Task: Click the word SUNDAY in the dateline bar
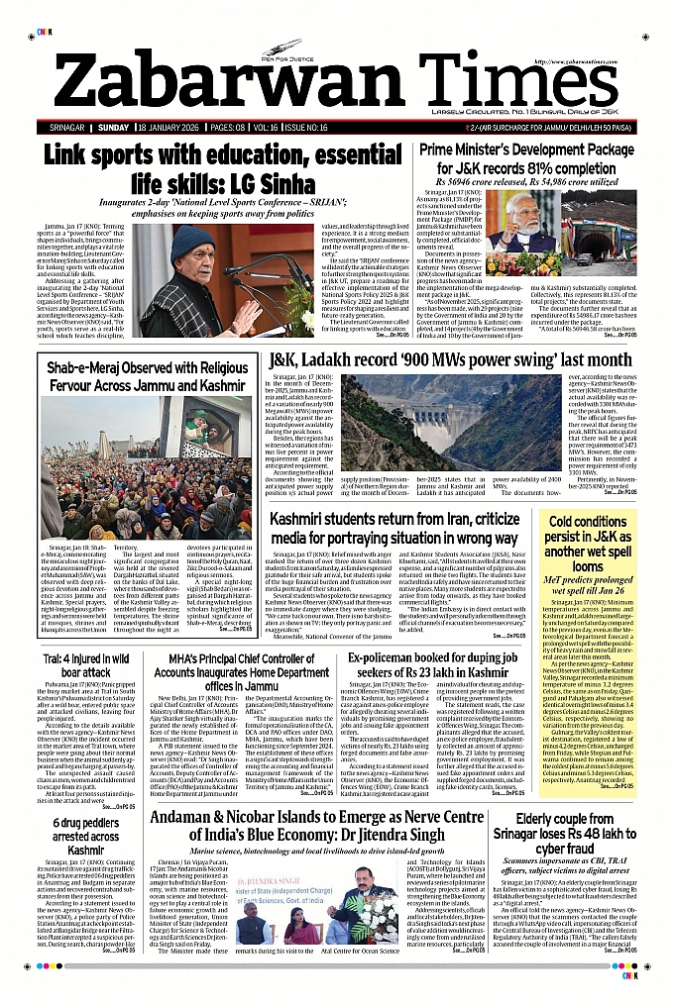click(114, 129)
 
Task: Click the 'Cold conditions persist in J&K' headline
click(588, 544)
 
